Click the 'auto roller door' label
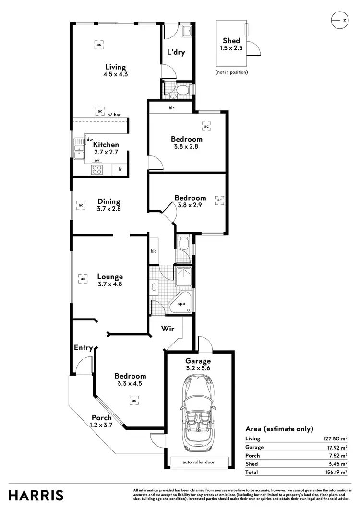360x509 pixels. [198, 462]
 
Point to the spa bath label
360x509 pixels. [181, 304]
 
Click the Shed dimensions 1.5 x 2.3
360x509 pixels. [231, 48]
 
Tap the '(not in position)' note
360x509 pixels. [231, 72]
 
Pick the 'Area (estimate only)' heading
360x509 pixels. [279, 429]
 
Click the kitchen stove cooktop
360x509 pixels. [96, 169]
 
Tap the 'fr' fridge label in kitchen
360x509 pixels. [120, 170]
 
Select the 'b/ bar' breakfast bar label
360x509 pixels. [114, 115]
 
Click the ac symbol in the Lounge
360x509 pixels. [83, 278]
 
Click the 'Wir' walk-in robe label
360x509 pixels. [167, 330]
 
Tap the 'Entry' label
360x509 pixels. [83, 348]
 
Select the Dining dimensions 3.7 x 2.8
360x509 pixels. [108, 209]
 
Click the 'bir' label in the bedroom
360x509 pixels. [171, 108]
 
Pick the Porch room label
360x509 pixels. [101, 417]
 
